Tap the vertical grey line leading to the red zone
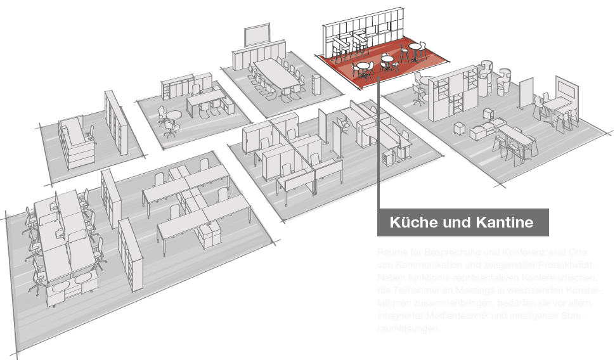(378, 146)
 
